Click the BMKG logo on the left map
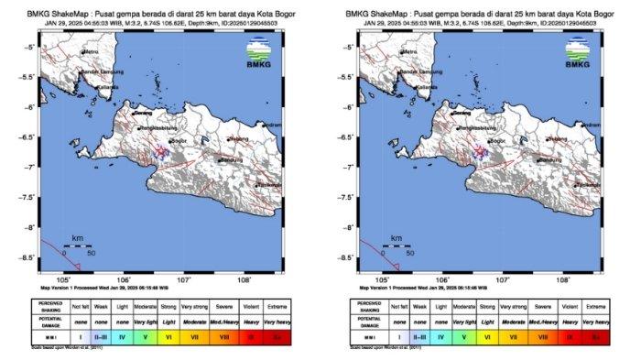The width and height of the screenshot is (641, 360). coord(261,51)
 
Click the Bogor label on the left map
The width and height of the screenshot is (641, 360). coord(174,141)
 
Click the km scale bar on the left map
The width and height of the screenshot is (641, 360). coord(76,245)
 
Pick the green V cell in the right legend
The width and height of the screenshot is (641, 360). coord(457,337)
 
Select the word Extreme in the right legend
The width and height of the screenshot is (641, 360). coord(597,304)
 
